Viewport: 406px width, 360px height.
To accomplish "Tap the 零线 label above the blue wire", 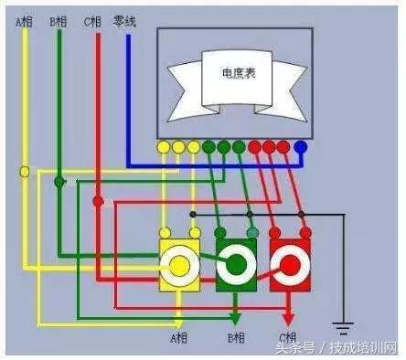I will pyautogui.click(x=124, y=19).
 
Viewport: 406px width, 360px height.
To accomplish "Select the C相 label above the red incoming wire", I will pyautogui.click(x=92, y=19).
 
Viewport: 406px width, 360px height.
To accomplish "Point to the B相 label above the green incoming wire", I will pyautogui.click(x=57, y=19).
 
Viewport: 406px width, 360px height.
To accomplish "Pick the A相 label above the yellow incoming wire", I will pyautogui.click(x=24, y=19).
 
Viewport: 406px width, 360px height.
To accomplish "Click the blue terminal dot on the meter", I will pyautogui.click(x=300, y=145).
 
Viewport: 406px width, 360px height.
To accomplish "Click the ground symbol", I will pyautogui.click(x=343, y=326).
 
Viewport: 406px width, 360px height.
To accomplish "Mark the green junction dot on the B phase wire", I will pyautogui.click(x=59, y=182).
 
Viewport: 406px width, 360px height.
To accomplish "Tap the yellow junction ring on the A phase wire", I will pyautogui.click(x=25, y=171).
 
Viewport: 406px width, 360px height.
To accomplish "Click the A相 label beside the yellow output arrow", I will pyautogui.click(x=178, y=338).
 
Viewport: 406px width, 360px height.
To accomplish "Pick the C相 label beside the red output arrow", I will pyautogui.click(x=288, y=338).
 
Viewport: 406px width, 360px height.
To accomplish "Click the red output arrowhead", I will pyautogui.click(x=291, y=320).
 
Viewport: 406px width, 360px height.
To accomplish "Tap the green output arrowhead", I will pyautogui.click(x=236, y=320).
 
